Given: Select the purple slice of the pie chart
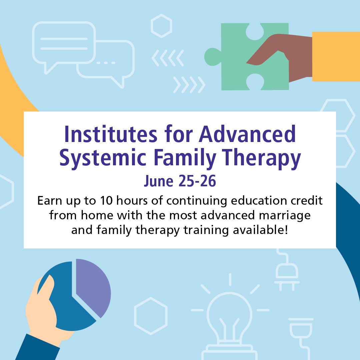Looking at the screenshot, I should click(x=93, y=287).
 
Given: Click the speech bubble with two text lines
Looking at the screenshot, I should click(x=63, y=43).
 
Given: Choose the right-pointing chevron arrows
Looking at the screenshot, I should click(x=189, y=84).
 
